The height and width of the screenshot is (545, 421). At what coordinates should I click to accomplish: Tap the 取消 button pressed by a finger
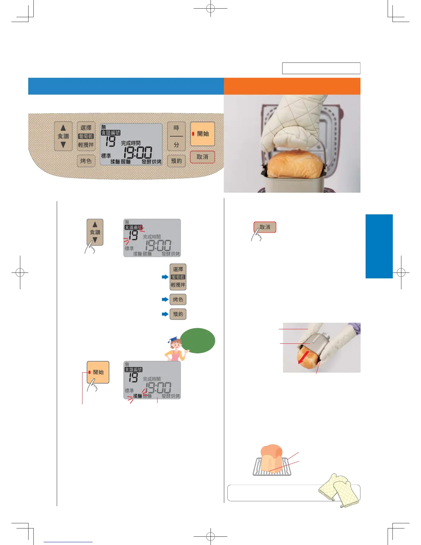coord(265,227)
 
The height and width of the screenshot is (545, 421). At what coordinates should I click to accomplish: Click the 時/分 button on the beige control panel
coord(176,136)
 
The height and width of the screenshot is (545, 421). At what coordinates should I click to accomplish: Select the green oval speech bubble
coord(198,341)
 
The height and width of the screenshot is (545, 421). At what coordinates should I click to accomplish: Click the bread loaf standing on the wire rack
coord(271,458)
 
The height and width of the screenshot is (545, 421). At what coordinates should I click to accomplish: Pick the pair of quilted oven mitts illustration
coord(338,490)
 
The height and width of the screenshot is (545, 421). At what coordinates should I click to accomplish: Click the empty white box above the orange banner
coord(321,68)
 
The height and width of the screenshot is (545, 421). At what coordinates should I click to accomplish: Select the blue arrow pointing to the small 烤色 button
coord(165,299)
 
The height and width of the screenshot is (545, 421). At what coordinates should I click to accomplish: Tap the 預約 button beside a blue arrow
coord(178,314)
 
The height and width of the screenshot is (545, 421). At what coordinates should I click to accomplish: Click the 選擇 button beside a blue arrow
coord(178,277)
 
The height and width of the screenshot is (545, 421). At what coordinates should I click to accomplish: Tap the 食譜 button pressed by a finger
coord(95,232)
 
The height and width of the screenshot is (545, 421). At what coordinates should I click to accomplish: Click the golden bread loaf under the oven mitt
coord(296,165)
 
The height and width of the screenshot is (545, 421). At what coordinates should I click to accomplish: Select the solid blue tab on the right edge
coord(379,246)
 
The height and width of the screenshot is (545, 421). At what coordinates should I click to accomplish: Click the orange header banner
coord(292,86)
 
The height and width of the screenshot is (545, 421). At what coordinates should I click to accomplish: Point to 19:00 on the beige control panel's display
coord(138,152)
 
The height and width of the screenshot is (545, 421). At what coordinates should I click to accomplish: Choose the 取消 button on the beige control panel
coord(202,157)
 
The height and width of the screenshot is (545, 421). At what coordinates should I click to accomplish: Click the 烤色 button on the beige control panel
coord(86,161)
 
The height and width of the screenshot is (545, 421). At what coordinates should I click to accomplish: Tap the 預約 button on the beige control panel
coord(176,161)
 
